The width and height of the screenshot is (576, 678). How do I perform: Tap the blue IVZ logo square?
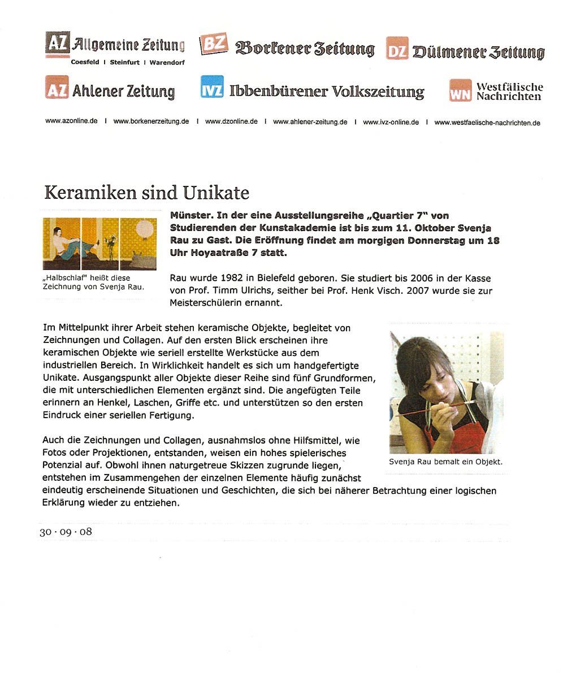212,88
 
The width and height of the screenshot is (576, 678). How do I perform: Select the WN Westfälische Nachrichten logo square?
460,90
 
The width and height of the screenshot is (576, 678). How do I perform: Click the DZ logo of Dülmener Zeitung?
397,49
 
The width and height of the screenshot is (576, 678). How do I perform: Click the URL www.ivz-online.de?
391,122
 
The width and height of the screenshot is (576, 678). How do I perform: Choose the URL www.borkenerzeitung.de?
151,121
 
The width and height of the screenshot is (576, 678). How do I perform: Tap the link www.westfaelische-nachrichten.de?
487,123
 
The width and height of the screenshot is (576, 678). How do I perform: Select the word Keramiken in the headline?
90,193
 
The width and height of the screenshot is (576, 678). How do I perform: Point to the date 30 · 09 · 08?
66,532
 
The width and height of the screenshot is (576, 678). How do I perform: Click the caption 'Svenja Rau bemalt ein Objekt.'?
445,462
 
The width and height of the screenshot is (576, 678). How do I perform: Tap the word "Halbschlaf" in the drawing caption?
63,277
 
